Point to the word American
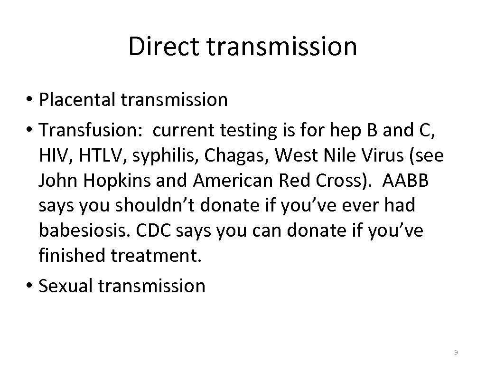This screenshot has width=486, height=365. pyautogui.click(x=224, y=181)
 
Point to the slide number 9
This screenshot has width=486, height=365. pyautogui.click(x=456, y=352)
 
